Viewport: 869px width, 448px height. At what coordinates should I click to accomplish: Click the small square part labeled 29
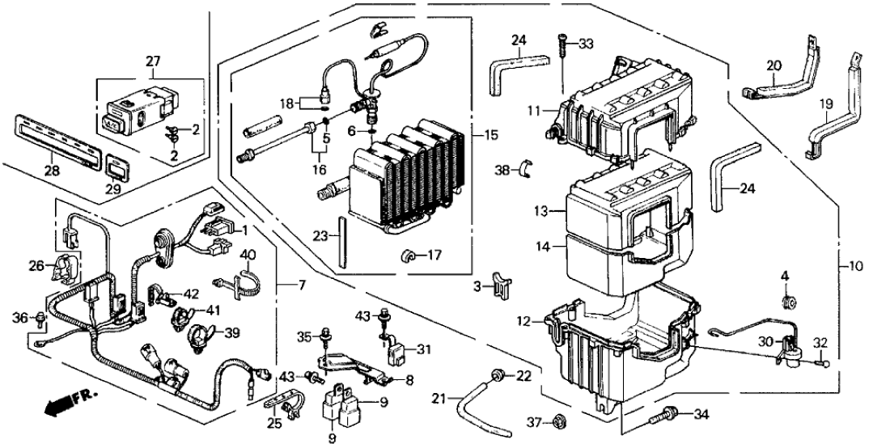point(117,169)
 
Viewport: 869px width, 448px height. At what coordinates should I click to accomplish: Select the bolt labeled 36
point(40,318)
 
